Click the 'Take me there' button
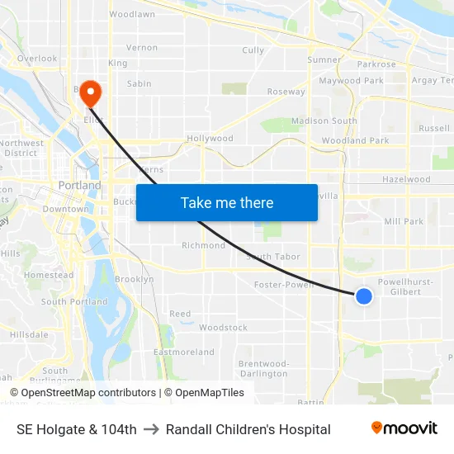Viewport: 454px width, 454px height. (x=227, y=202)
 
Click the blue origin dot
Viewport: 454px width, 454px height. (x=363, y=296)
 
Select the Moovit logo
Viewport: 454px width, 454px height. (x=404, y=428)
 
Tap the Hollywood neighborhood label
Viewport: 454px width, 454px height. (x=210, y=139)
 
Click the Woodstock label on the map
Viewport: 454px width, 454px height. (x=223, y=328)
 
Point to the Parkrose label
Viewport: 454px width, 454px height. (x=376, y=64)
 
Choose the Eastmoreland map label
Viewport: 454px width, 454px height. (x=183, y=352)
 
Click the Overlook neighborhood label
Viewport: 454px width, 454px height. (x=37, y=59)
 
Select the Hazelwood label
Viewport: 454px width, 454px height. (x=406, y=179)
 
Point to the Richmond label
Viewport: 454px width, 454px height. (x=203, y=245)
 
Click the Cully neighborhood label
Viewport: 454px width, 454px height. (x=253, y=50)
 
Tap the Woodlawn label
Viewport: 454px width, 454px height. (x=132, y=15)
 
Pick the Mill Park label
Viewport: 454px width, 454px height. (x=404, y=221)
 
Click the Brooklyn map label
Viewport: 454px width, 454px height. (x=134, y=279)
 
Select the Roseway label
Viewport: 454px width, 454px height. (x=286, y=92)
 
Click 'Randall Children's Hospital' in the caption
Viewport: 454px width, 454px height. (x=248, y=429)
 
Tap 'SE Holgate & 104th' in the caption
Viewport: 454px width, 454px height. (x=77, y=429)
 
